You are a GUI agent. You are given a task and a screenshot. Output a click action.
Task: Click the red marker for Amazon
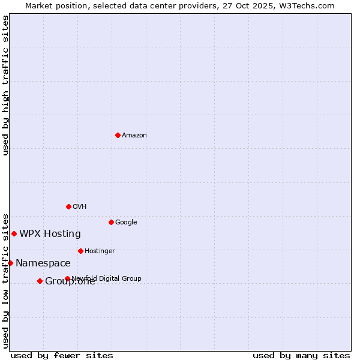[118, 135]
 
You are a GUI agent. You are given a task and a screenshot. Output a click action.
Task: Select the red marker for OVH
[68, 206]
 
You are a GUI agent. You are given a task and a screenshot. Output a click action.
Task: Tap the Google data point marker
[111, 222]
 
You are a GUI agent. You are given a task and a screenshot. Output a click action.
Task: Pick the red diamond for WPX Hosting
[14, 233]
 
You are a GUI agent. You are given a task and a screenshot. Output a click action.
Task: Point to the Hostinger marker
[80, 251]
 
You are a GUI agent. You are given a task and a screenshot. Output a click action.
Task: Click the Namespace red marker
[10, 263]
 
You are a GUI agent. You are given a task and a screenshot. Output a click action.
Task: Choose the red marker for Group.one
[40, 281]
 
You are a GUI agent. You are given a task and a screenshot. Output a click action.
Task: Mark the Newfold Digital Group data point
[67, 278]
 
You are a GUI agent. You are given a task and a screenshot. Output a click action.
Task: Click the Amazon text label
[134, 135]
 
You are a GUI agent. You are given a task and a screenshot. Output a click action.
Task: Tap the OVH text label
[80, 206]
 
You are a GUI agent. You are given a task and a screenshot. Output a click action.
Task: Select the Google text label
[126, 222]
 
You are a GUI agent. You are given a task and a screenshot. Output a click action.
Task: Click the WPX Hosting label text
[50, 233]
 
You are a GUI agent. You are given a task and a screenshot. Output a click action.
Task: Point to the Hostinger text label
[100, 251]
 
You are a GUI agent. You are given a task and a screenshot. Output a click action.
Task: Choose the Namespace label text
[43, 263]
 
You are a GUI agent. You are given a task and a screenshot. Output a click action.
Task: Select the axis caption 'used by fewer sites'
[62, 355]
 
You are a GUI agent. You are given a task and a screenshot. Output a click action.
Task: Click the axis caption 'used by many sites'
[301, 355]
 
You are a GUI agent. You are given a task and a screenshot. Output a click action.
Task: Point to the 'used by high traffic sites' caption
[6, 85]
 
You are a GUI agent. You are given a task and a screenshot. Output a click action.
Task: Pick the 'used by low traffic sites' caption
[6, 280]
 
